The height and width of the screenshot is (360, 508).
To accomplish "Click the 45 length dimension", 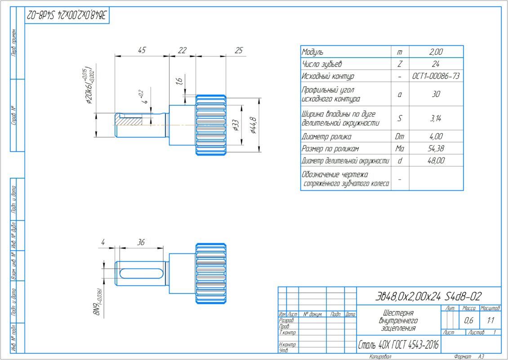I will click(x=141, y=50).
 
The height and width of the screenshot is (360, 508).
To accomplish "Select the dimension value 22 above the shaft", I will click(x=182, y=50).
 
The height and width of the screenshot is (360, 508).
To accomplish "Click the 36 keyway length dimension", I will click(x=141, y=243).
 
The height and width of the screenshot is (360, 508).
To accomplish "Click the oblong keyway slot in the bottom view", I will click(x=141, y=273).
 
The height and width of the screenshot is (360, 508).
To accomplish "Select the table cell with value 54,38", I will click(x=436, y=148).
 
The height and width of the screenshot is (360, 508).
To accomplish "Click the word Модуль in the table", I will click(x=313, y=52).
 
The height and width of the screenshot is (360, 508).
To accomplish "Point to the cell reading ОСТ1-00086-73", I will click(x=436, y=76).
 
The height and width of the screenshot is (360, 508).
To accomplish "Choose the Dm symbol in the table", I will click(x=400, y=136).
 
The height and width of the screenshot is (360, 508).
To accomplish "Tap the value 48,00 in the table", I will click(x=436, y=161).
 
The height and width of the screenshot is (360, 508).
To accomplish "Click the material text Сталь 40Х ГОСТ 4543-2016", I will click(x=399, y=346).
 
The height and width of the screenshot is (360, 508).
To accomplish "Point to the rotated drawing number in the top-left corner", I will click(x=67, y=16).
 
